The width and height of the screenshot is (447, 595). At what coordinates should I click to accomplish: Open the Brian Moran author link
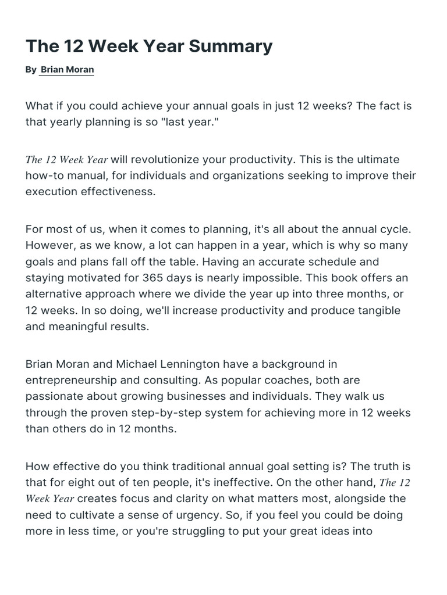coord(67,70)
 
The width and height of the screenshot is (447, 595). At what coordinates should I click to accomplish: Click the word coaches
coord(274,381)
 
